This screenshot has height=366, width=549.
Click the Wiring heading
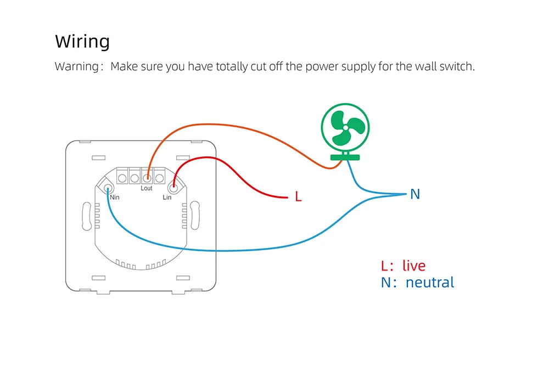pos(82,42)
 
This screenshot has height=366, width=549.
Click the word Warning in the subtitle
pos(77,66)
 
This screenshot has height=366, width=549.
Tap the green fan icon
pos(345,132)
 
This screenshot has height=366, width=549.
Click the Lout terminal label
pos(147,188)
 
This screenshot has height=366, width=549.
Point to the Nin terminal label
pos(115,198)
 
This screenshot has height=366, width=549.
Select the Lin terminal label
pos(167,198)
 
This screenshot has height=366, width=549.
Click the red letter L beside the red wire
pos(298,196)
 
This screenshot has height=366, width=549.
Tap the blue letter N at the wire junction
pos(415,194)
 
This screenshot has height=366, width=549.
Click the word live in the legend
pos(414,266)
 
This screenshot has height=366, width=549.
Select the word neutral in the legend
pos(430,283)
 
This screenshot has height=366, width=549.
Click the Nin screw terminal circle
pos(108,188)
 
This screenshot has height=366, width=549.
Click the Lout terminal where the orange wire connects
pos(147,178)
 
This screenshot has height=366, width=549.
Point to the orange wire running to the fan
pos(224,126)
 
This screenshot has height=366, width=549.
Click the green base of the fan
pos(345,157)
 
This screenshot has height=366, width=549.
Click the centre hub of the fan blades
pos(345,128)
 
